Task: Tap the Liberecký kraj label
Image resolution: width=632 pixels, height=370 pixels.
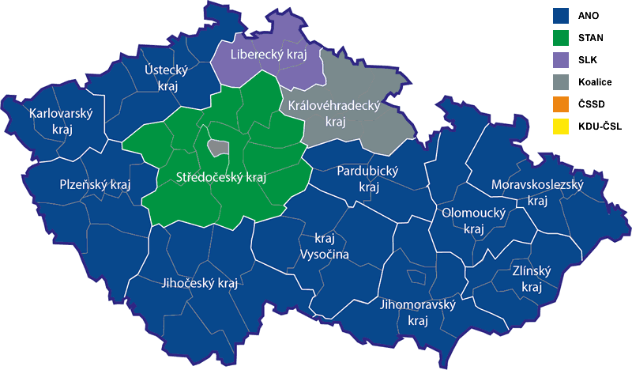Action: (268, 55)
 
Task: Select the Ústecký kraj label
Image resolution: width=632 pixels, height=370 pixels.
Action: (165, 77)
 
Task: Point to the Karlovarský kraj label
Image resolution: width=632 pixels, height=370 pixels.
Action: (61, 121)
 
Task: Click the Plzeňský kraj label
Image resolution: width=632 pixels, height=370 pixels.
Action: (95, 184)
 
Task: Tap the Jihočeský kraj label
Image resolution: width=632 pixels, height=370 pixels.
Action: (199, 283)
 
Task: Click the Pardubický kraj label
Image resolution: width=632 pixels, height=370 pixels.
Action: (368, 179)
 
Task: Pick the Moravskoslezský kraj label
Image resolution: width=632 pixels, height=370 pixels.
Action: (537, 192)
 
